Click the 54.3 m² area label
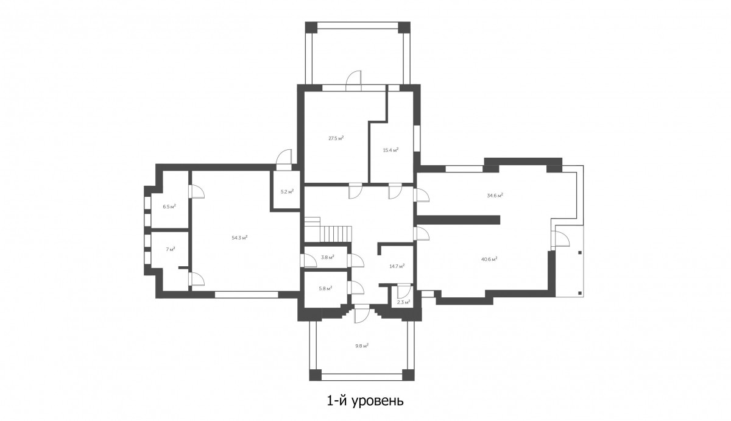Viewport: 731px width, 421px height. coord(239,238)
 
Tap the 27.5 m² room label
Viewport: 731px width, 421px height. coord(336,138)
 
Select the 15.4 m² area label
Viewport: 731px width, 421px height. coord(390,150)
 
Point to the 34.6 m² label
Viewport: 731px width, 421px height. coord(495,196)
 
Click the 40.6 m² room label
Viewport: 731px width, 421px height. coord(489,260)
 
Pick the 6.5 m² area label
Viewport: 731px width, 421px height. coord(169,207)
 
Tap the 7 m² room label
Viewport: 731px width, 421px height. coord(171,249)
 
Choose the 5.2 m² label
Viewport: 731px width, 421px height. coord(287,191)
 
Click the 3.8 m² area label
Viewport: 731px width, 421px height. coord(327,257)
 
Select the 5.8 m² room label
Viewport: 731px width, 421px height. coord(325,289)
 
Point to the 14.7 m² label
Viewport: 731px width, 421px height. coord(397,266)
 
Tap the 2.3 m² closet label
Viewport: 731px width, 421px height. coord(403,302)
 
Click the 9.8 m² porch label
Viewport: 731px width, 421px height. coord(362,345)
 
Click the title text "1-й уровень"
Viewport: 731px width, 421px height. coord(365,401)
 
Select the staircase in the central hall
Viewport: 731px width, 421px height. coord(328,230)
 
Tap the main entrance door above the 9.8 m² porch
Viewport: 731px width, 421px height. coord(362,313)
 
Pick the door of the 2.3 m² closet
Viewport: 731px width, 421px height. coord(404,291)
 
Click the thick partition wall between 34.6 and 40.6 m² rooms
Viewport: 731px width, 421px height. coord(457,219)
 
